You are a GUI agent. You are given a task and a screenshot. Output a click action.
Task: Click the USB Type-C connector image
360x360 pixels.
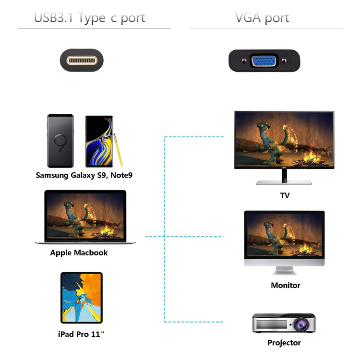[x=82, y=61]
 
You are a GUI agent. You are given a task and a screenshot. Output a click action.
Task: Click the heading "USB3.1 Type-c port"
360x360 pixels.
[x=89, y=18]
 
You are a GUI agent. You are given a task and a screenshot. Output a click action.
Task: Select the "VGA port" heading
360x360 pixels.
[x=262, y=18]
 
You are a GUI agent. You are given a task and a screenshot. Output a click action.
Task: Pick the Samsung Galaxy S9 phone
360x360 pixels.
[x=60, y=141]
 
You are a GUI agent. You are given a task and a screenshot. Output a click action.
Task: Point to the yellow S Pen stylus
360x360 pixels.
[x=115, y=146]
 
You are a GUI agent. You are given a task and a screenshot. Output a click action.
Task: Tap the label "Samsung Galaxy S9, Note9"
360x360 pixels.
[x=84, y=175]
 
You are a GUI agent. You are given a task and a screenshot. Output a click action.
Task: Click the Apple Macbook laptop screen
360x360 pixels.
[x=85, y=215]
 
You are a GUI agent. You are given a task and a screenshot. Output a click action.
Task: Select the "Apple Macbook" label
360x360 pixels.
[x=79, y=252]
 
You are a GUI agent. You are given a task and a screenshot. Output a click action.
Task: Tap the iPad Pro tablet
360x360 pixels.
[x=81, y=298]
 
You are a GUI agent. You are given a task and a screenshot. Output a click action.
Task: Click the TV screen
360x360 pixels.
[x=284, y=139]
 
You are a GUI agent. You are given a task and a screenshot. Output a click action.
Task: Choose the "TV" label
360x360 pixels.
[x=285, y=196]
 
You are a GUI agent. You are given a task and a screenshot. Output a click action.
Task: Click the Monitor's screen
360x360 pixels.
[x=284, y=235]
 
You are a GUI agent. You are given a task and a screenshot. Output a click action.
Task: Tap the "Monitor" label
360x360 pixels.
[x=285, y=285]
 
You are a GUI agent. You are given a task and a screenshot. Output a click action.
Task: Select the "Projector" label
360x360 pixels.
[x=284, y=343]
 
